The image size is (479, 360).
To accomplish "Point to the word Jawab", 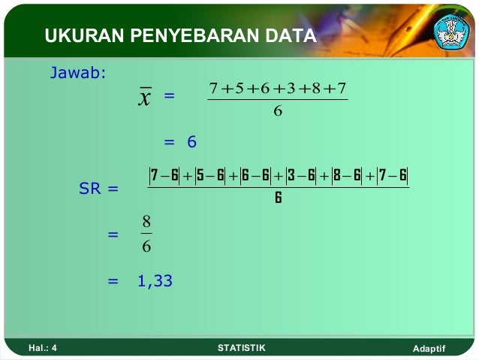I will (x=77, y=73).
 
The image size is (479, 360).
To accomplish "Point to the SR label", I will (x=90, y=189).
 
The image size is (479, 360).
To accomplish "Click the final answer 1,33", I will (x=155, y=281).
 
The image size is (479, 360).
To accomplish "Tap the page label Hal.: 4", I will (x=43, y=348).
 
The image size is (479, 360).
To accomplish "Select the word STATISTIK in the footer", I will (x=241, y=348).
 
